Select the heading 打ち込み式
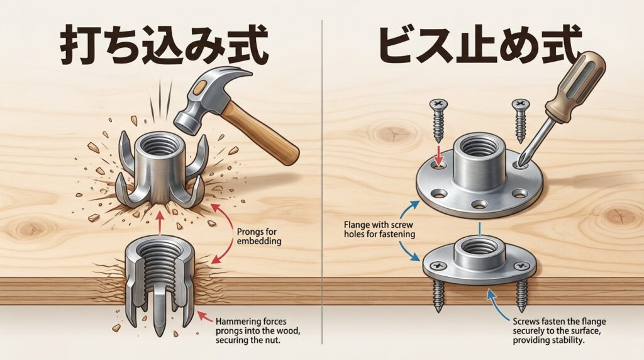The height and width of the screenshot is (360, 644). tap(164, 45)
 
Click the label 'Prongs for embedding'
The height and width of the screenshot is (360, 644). tap(259, 236)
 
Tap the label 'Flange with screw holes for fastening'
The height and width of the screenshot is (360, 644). tap(379, 230)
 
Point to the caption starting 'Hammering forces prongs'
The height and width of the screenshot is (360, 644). tap(257, 331)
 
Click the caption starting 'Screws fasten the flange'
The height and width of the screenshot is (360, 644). tap(559, 331)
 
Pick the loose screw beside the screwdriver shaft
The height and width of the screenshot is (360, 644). tap(521, 120)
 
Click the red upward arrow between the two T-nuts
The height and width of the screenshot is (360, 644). tap(160, 223)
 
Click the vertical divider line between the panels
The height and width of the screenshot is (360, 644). tap(322, 181)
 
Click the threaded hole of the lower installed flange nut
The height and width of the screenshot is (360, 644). tap(479, 247)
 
